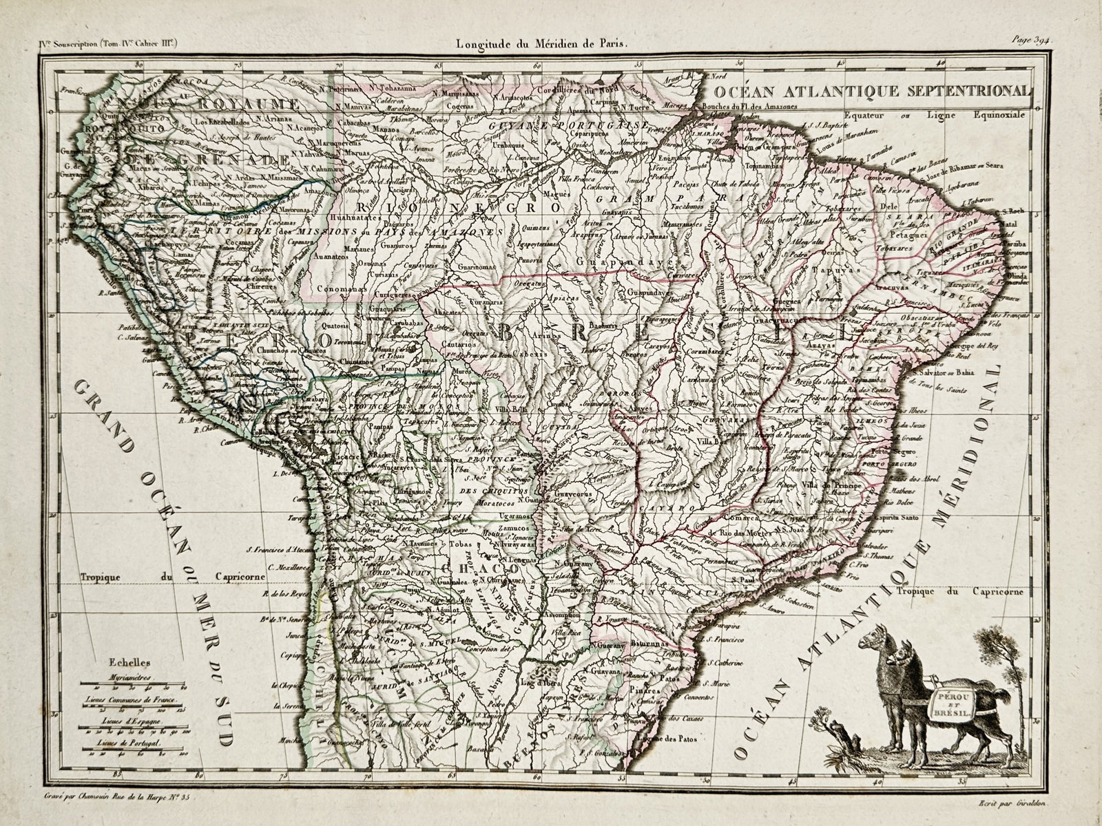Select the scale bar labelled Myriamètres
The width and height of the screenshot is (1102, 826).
pyautogui.click(x=129, y=686)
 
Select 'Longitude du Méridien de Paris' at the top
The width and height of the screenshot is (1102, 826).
pyautogui.click(x=541, y=43)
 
